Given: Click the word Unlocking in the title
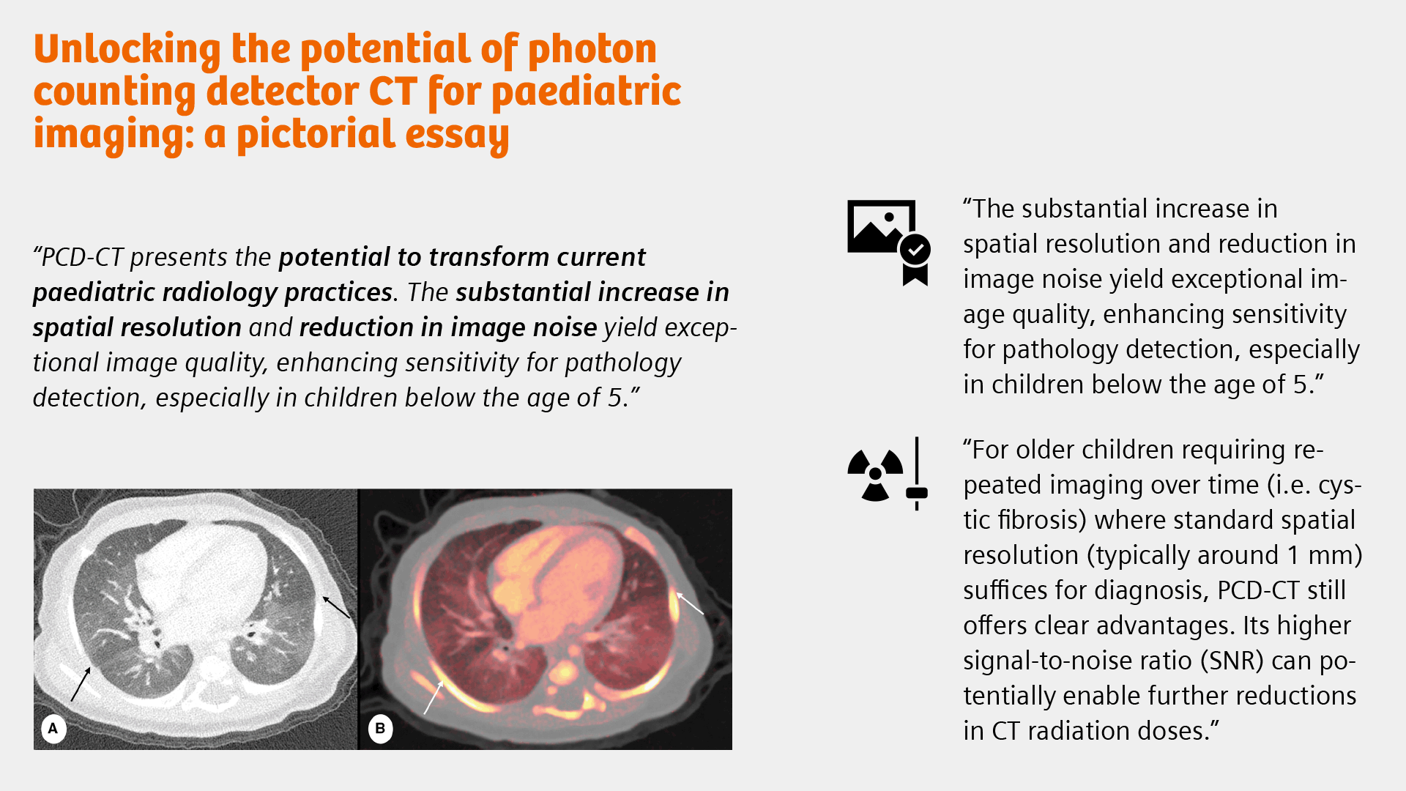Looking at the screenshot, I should [127, 50].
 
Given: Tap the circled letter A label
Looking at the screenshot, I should [53, 729].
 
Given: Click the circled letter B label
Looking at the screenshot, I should [380, 729].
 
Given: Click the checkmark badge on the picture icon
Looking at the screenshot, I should [915, 250].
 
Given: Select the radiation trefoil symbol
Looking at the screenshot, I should [875, 475].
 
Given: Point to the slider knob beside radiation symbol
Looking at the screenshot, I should [917, 493].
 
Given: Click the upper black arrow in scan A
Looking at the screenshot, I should [337, 607].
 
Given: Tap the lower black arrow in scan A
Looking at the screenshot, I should [81, 684].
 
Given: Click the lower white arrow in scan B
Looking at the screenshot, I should [434, 697].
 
